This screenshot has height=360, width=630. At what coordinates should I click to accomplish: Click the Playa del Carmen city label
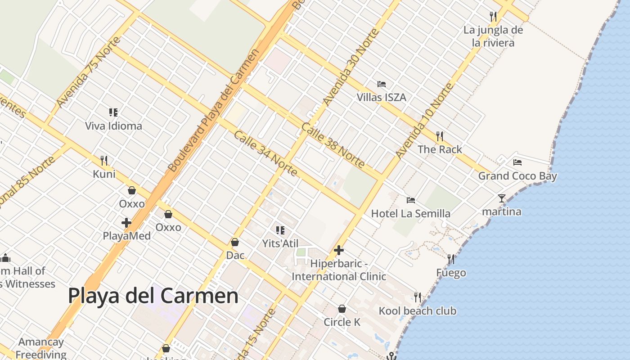point(153,296)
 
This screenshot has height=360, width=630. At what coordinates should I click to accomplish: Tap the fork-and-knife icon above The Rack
point(440,136)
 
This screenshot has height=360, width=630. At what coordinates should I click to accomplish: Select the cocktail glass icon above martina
point(502,198)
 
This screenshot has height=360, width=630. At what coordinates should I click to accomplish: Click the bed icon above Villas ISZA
point(382,84)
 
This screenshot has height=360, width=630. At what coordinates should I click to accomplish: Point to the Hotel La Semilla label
point(410,214)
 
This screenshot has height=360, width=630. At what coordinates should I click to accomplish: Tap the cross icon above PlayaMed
point(126,222)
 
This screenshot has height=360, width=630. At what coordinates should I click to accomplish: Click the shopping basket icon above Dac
point(235,242)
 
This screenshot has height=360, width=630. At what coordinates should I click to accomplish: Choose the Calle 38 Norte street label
point(333,146)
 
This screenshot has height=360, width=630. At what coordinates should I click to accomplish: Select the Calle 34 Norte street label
point(265,153)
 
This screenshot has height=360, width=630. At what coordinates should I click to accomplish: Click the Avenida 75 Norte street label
point(89,72)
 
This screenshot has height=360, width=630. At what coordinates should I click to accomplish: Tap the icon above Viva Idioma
point(113,112)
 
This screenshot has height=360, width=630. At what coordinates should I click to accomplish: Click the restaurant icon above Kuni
point(104,160)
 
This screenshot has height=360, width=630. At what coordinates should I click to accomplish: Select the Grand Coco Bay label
point(517,176)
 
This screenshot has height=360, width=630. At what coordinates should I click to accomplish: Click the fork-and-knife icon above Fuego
point(451,259)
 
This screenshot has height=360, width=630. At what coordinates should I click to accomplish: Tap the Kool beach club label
point(417,311)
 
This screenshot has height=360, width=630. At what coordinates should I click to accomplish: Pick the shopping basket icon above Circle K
point(342,309)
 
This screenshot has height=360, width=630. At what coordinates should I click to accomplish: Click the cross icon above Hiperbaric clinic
point(339,250)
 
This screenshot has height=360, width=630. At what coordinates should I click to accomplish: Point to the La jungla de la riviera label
point(493,36)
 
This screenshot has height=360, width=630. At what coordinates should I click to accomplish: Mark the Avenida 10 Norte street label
point(424,121)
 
